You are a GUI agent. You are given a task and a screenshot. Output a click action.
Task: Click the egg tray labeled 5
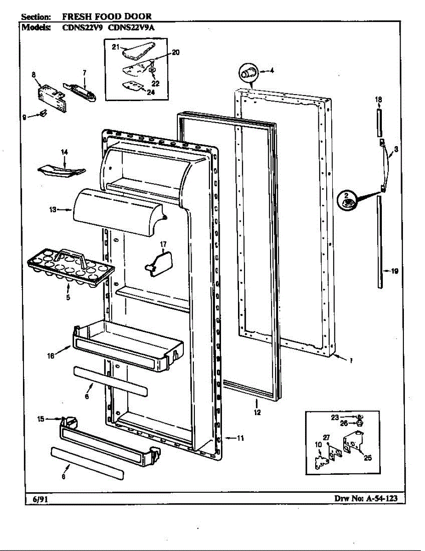[69, 269]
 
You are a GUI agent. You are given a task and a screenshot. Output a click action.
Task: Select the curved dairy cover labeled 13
[117, 211]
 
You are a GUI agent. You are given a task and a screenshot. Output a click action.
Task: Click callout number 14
[64, 152]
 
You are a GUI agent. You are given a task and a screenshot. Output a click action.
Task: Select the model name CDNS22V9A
[131, 27]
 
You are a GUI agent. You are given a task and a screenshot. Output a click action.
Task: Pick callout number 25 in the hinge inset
[368, 457]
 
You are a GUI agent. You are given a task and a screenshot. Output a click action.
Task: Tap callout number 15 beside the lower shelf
[40, 418]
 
